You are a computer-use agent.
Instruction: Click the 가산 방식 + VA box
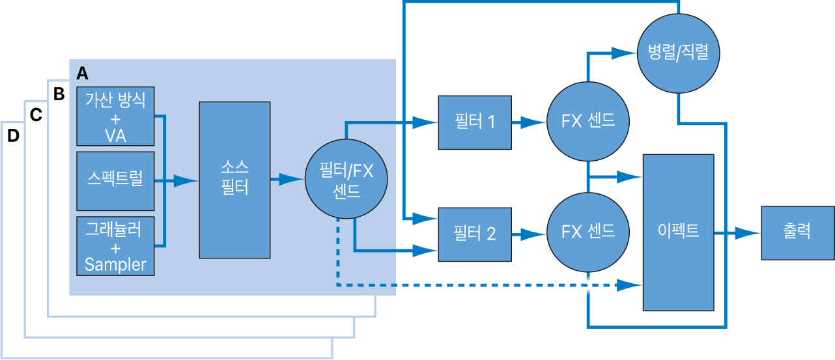pyautogui.click(x=115, y=116)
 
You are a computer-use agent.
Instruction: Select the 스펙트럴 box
pyautogui.click(x=115, y=180)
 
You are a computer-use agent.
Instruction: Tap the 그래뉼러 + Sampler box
pyautogui.click(x=115, y=246)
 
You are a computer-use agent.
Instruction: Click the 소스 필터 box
pyautogui.click(x=234, y=180)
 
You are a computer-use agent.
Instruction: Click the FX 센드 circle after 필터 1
pyautogui.click(x=588, y=122)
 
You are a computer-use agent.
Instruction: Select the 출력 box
pyautogui.click(x=798, y=232)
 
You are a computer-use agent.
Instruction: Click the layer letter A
pyautogui.click(x=82, y=72)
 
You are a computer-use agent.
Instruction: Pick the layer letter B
pyautogui.click(x=59, y=94)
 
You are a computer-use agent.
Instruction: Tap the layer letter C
pyautogui.click(x=36, y=115)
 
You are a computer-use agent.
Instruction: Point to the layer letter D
pyautogui.click(x=13, y=136)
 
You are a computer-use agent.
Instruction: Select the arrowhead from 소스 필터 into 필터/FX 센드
pyautogui.click(x=290, y=180)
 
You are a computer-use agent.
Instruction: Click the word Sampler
pyautogui.click(x=115, y=264)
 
